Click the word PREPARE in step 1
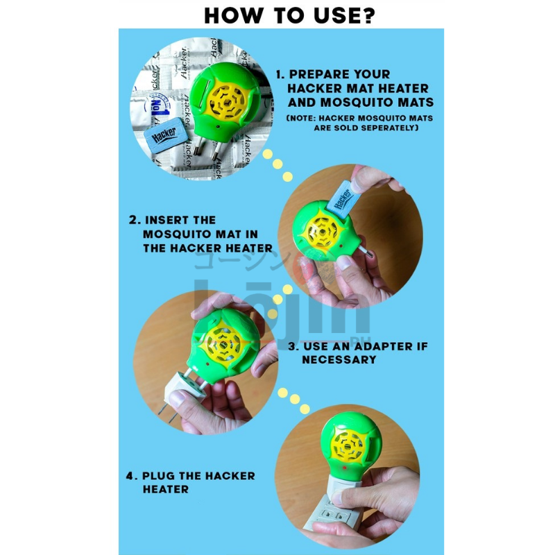click(x=321, y=74)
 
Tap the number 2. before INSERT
click(x=135, y=220)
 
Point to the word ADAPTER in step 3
click(x=372, y=346)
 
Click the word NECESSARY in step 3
click(x=339, y=359)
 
